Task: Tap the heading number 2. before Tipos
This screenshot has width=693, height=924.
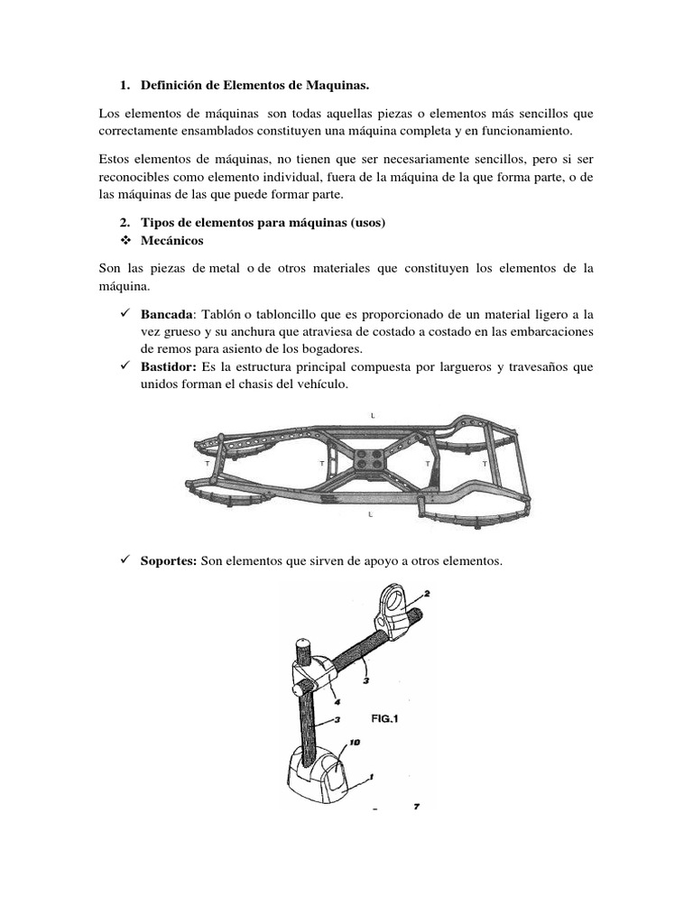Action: [x=125, y=223]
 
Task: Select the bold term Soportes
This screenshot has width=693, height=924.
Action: [x=169, y=560]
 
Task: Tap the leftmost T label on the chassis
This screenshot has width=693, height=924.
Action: [x=208, y=463]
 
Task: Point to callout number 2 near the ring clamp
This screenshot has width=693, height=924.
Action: [x=427, y=595]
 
